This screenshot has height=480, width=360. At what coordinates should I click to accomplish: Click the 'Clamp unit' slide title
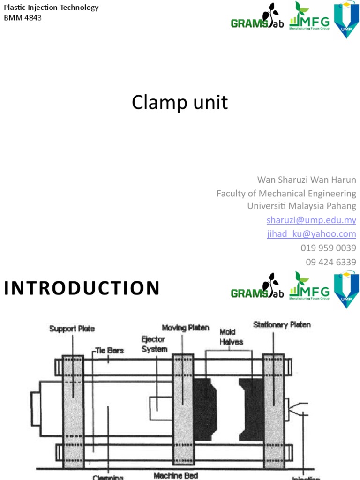point(180,103)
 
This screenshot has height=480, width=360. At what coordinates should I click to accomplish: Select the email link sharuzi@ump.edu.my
point(311,220)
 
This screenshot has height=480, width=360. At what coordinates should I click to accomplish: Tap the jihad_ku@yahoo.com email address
point(311,234)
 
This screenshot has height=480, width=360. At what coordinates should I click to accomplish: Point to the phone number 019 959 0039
point(328,248)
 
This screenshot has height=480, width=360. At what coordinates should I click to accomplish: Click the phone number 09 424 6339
point(331,262)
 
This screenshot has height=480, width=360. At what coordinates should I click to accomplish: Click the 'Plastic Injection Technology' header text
point(51,7)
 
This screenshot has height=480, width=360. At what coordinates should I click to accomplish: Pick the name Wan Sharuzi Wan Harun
point(307,180)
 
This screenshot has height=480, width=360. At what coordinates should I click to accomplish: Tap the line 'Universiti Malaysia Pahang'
point(301,206)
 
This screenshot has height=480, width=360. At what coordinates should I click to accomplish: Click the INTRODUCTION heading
point(82,288)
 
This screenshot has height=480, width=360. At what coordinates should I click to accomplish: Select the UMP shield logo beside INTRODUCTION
point(346,290)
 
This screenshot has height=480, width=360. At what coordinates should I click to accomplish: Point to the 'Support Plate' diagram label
point(72,329)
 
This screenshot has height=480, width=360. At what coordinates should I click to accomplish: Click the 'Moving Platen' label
point(185,327)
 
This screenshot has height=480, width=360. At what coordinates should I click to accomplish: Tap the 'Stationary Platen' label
point(282,324)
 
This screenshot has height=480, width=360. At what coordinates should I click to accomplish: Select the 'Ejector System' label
point(154,344)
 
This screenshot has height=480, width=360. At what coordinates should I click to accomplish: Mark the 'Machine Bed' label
point(175,476)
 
